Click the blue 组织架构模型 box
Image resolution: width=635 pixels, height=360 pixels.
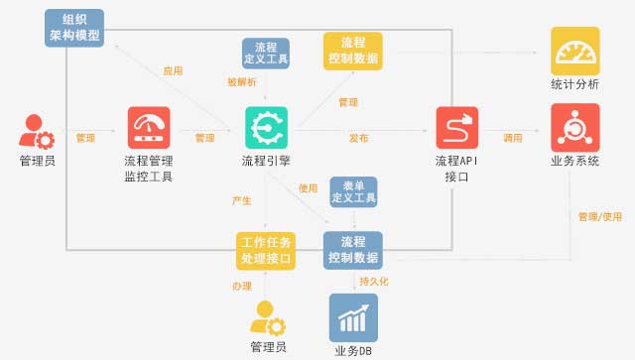pos(74,28)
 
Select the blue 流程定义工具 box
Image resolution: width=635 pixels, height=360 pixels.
pos(266,54)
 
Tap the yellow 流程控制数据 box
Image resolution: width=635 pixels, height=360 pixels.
pos(353,51)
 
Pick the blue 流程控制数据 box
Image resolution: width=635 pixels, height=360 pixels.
pos(353,250)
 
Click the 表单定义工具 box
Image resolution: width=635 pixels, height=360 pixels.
pos(353,192)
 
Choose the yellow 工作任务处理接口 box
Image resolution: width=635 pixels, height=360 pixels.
pos(266,251)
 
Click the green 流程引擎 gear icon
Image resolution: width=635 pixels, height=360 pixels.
pos(267,128)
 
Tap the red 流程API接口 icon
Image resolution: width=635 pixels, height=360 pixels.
pos(457,128)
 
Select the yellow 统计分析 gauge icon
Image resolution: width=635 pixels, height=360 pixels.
pos(575,51)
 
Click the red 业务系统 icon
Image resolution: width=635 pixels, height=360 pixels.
pos(575,128)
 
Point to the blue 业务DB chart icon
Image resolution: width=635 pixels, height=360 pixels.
pos(353,318)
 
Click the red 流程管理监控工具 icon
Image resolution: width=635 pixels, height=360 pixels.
pos(149,128)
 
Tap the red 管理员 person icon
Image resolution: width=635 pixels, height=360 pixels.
pos(37,132)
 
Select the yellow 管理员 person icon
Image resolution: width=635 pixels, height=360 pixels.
pos(268,318)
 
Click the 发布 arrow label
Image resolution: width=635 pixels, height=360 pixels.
pos(358,138)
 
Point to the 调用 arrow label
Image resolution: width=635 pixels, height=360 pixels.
pos(513,138)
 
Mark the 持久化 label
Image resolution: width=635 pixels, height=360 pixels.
pos(374,281)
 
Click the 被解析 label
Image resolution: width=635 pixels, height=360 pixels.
pos(242,82)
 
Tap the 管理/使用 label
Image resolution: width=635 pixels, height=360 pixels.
pos(600,216)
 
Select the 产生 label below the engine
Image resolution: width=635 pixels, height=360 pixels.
pos(242,200)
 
